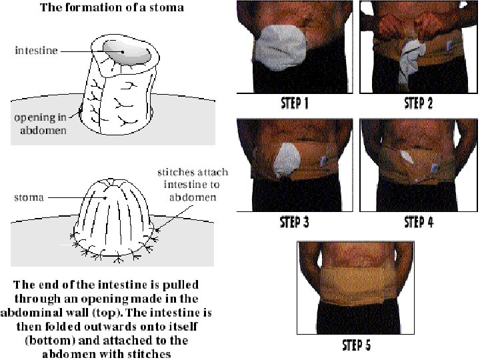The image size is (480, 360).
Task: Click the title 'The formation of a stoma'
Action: coord(112,7)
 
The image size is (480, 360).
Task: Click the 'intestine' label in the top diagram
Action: coord(36,50)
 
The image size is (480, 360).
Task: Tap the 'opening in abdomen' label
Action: coord(41,124)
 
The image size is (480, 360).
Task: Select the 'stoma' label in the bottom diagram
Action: coord(29,197)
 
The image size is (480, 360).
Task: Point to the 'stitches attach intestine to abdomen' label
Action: coord(193,185)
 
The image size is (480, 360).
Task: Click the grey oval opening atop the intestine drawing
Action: coord(127,53)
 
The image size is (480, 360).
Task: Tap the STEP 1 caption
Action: coord(295,103)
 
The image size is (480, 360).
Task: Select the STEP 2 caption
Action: coord(418,103)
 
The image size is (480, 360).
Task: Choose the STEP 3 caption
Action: coord(295,222)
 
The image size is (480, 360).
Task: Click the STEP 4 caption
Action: coord(419,222)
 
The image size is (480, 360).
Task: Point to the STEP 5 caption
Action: coord(356,345)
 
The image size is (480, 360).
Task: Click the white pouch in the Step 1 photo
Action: coord(281,47)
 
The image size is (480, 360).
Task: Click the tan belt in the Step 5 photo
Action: coord(355,285)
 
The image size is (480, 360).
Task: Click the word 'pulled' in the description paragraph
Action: coord(181,285)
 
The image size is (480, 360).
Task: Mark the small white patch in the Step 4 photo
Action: coord(406,157)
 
